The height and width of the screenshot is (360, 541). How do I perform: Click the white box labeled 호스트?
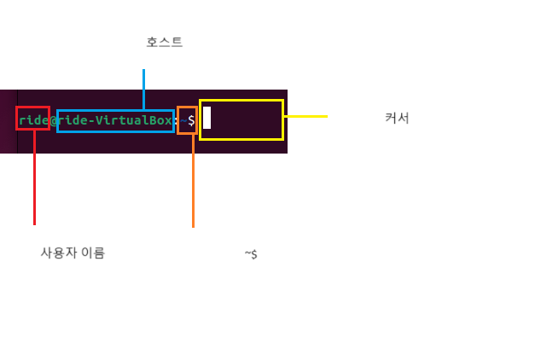pyautogui.click(x=166, y=42)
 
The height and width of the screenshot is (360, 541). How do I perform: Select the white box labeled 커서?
pyautogui.click(x=398, y=117)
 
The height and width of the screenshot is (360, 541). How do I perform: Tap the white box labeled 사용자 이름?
pyautogui.click(x=76, y=251)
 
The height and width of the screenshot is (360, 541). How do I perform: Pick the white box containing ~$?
pyautogui.click(x=255, y=253)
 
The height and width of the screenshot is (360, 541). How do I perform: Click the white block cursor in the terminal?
pyautogui.click(x=207, y=118)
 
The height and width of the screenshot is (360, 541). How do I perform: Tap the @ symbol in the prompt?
pyautogui.click(x=55, y=120)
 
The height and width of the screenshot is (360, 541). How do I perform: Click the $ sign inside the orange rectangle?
pyautogui.click(x=191, y=120)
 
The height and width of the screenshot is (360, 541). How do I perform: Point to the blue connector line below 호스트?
pyautogui.click(x=143, y=89)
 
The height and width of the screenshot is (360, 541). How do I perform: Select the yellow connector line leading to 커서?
pyautogui.click(x=305, y=116)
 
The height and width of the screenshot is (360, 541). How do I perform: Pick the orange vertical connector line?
pyautogui.click(x=193, y=180)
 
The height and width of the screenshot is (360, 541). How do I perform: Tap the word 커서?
pyautogui.click(x=397, y=118)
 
